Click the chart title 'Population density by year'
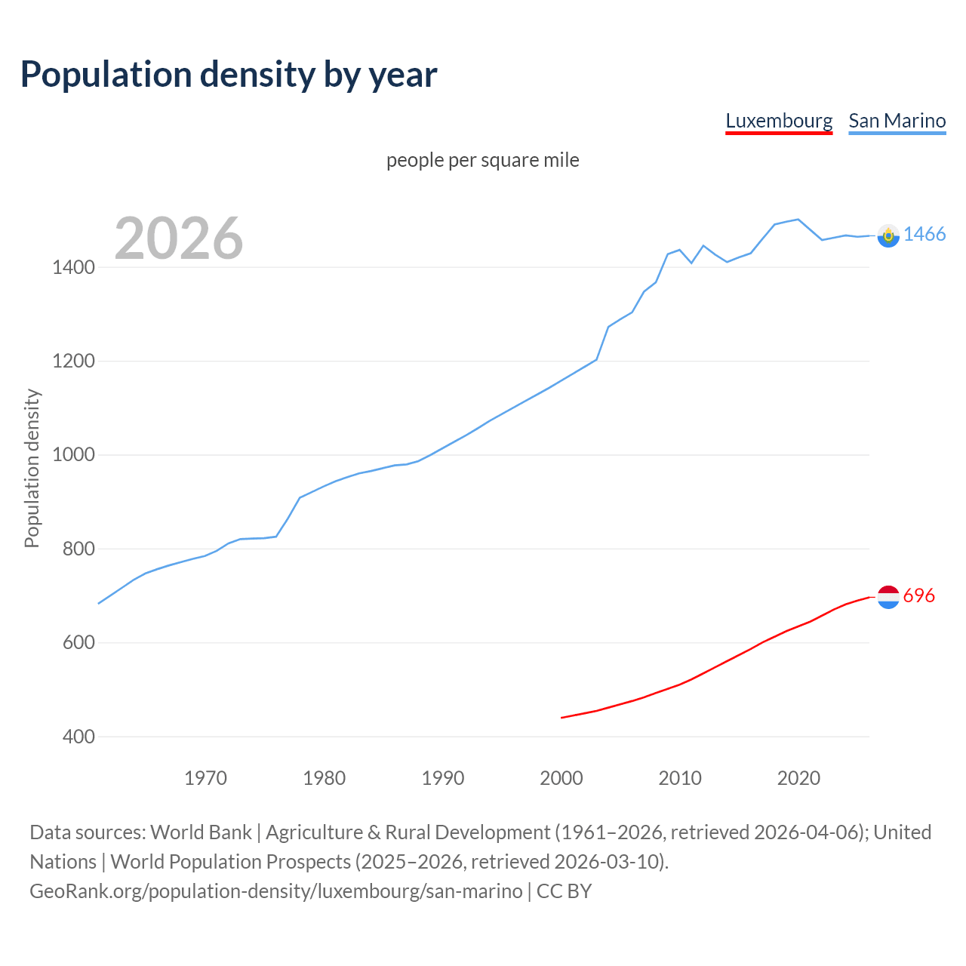point(229,74)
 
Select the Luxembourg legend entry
point(779,121)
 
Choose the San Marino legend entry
point(897,121)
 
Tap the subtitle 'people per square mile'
point(482,160)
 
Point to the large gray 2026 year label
point(179,238)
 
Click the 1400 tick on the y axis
point(73,267)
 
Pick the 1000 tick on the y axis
point(73,455)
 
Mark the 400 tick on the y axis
point(78,737)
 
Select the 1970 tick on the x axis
point(205,778)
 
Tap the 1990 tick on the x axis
point(443,778)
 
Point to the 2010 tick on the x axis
point(680,778)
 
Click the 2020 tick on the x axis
point(798,778)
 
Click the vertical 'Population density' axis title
point(32,468)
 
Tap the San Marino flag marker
point(888,235)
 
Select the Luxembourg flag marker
point(888,597)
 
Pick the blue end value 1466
point(924,234)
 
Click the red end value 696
point(918,595)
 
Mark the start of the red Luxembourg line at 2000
point(562,718)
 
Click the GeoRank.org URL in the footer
point(275,891)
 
